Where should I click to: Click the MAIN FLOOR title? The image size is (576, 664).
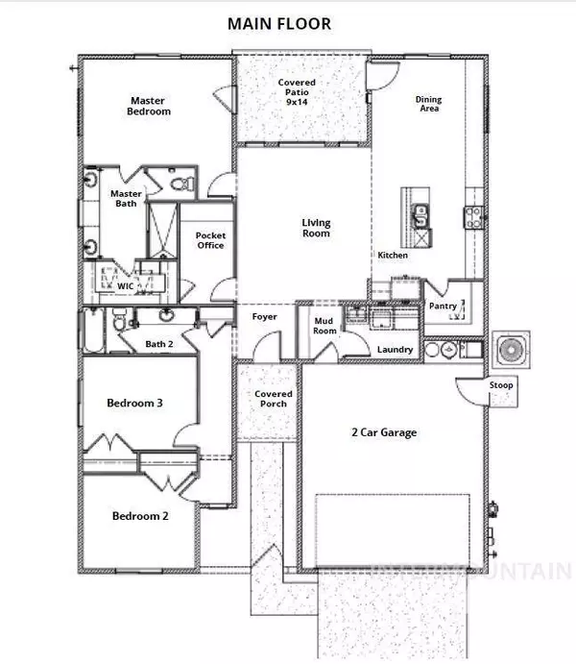279,24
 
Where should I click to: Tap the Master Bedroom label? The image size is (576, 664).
149,106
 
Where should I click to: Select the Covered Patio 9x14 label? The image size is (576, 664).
297,92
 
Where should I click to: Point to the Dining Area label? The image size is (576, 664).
428,104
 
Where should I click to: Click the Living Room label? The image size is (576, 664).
316,228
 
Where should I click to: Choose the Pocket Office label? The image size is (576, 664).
210,240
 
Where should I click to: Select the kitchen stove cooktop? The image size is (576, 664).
473,217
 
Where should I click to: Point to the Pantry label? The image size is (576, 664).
443,306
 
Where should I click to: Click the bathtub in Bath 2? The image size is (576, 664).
93,331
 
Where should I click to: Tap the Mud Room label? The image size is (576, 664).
324,326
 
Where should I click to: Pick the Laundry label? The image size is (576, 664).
395,350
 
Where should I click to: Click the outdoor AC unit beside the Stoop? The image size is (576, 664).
511,350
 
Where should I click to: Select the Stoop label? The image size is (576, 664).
501,385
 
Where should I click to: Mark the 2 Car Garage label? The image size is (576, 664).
384,432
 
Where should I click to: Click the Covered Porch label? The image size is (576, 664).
274,399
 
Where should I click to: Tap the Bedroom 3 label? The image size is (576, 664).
134,403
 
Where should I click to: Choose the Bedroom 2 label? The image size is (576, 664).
140,516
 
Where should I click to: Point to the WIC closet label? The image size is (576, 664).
125,286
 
